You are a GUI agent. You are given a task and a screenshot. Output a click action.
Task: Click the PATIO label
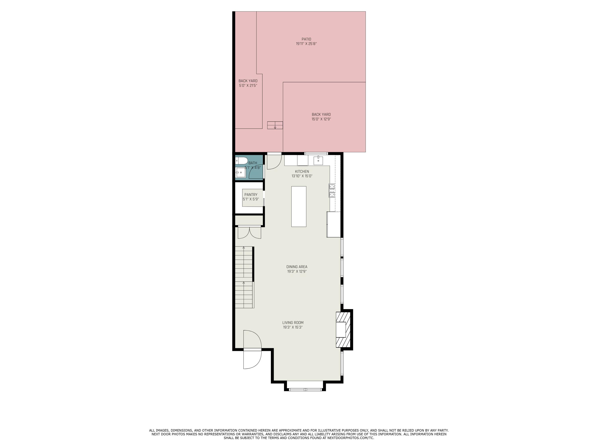306,39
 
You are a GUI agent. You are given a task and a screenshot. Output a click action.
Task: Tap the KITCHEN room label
302,171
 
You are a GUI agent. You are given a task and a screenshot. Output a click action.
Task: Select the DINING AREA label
297,267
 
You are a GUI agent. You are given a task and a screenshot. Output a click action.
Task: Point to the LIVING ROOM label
293,323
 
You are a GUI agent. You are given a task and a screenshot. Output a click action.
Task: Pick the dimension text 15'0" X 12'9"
321,119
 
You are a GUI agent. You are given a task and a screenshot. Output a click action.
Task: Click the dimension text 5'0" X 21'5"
248,86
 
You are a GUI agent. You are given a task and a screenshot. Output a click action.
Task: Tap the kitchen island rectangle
299,207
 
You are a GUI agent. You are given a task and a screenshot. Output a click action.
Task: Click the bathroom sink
240,172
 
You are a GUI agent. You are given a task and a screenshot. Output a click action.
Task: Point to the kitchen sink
318,160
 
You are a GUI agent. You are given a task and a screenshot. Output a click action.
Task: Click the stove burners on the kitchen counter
332,190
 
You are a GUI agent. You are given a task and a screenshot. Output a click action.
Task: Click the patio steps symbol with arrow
275,125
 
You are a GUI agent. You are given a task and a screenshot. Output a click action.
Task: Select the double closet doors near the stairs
249,233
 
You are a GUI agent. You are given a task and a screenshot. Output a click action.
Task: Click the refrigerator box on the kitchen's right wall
334,224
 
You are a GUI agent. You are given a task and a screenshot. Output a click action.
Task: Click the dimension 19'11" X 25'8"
306,44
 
